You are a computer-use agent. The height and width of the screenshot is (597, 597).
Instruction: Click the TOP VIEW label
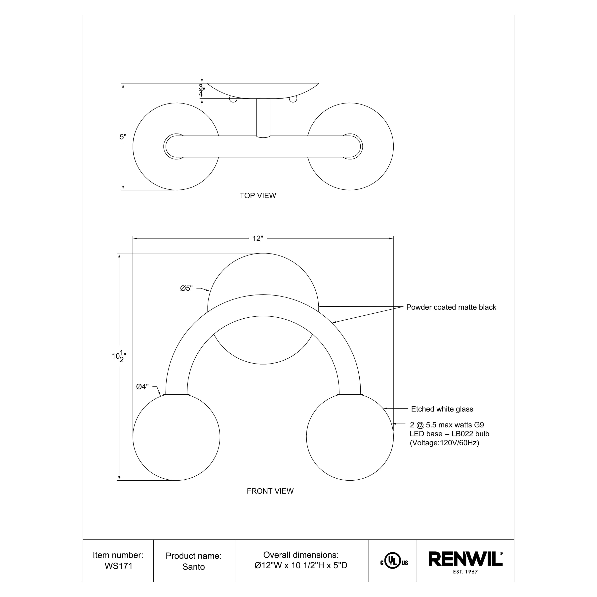(x=258, y=196)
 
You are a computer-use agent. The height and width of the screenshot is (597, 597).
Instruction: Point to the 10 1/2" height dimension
(x=119, y=356)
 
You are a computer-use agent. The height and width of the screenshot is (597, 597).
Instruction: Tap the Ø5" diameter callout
(x=186, y=288)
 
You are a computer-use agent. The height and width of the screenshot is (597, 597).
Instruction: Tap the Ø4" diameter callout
(x=142, y=387)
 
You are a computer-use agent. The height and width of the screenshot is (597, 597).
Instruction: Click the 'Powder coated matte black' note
(x=451, y=307)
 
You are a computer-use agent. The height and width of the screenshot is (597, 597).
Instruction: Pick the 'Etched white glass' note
(x=442, y=409)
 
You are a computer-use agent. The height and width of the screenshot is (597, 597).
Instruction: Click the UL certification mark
(x=394, y=562)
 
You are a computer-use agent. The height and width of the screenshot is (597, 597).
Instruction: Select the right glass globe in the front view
(x=350, y=437)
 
